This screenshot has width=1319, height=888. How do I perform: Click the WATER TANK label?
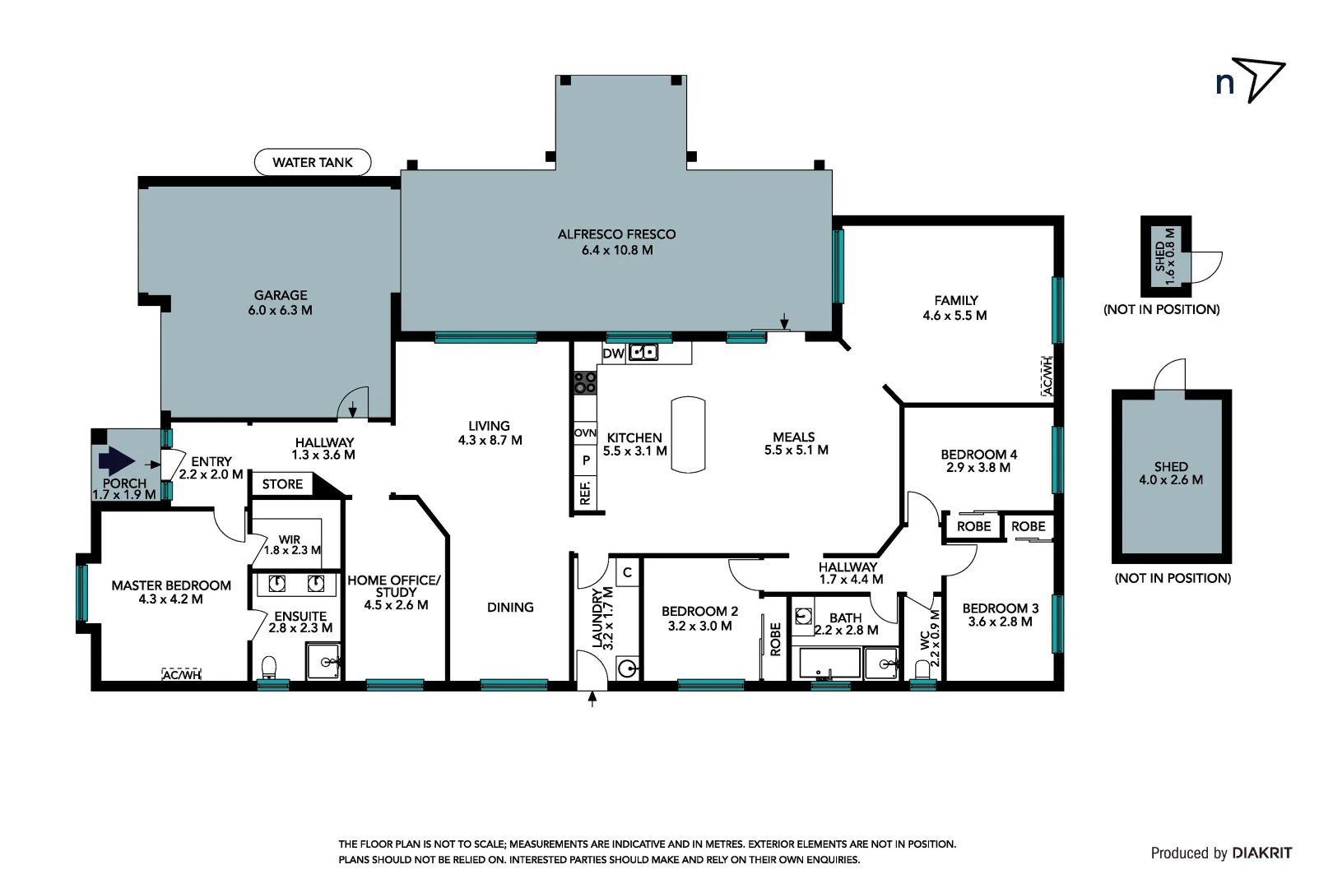click(x=312, y=162)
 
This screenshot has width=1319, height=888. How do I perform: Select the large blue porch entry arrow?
click(x=116, y=461)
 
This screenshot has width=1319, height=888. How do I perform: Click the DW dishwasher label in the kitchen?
click(x=613, y=354)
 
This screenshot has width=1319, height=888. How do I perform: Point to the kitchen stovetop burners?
click(x=585, y=382)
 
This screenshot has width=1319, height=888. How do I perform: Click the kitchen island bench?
click(x=688, y=434)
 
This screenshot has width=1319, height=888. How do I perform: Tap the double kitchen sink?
click(x=643, y=353)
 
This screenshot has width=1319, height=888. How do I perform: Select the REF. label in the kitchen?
click(x=585, y=494)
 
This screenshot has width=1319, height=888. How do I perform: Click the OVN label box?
click(x=585, y=432)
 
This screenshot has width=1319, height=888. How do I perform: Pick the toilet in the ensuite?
click(x=268, y=666)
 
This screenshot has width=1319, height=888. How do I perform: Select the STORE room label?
click(x=282, y=484)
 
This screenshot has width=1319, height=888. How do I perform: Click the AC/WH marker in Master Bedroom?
click(x=182, y=675)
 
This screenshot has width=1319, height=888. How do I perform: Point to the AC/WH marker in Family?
click(x=1047, y=376)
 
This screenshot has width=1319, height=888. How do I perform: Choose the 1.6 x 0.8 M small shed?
click(x=1165, y=256)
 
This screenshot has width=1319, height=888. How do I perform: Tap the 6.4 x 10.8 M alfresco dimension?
click(x=616, y=250)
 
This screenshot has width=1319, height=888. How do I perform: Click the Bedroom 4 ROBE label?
click(x=973, y=526)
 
